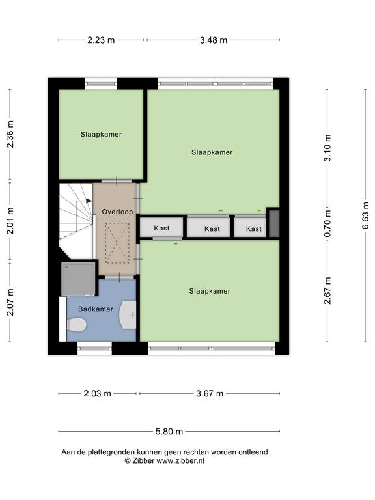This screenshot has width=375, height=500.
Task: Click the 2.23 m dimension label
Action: click(x=101, y=40)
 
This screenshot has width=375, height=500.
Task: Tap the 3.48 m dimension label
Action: click(x=214, y=40)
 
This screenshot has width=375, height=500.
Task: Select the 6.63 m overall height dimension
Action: click(x=365, y=215)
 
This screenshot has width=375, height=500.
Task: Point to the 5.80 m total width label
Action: click(x=169, y=432)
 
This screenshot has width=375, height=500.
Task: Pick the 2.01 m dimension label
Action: click(x=10, y=221)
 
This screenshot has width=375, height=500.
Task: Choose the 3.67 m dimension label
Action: click(x=210, y=393)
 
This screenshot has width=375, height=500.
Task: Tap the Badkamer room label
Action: click(x=96, y=309)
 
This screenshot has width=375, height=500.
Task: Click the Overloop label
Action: click(x=117, y=212)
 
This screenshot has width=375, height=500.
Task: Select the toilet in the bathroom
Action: click(x=77, y=325)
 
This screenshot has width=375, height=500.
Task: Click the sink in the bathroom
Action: click(x=128, y=314)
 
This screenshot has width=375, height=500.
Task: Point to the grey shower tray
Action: click(x=78, y=279)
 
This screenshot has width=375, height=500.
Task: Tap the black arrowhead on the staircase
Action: click(x=89, y=201)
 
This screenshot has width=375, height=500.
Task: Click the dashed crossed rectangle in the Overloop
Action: click(x=117, y=243)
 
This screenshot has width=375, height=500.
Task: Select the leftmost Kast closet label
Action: click(x=161, y=228)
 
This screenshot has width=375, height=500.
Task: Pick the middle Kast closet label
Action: click(x=212, y=229)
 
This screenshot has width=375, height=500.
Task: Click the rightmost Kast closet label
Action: click(x=254, y=229)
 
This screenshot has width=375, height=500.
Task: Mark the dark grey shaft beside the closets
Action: click(x=274, y=223)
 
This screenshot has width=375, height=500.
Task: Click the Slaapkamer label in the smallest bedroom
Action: click(x=101, y=135)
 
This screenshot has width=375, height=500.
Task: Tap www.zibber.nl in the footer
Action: click(x=180, y=460)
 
